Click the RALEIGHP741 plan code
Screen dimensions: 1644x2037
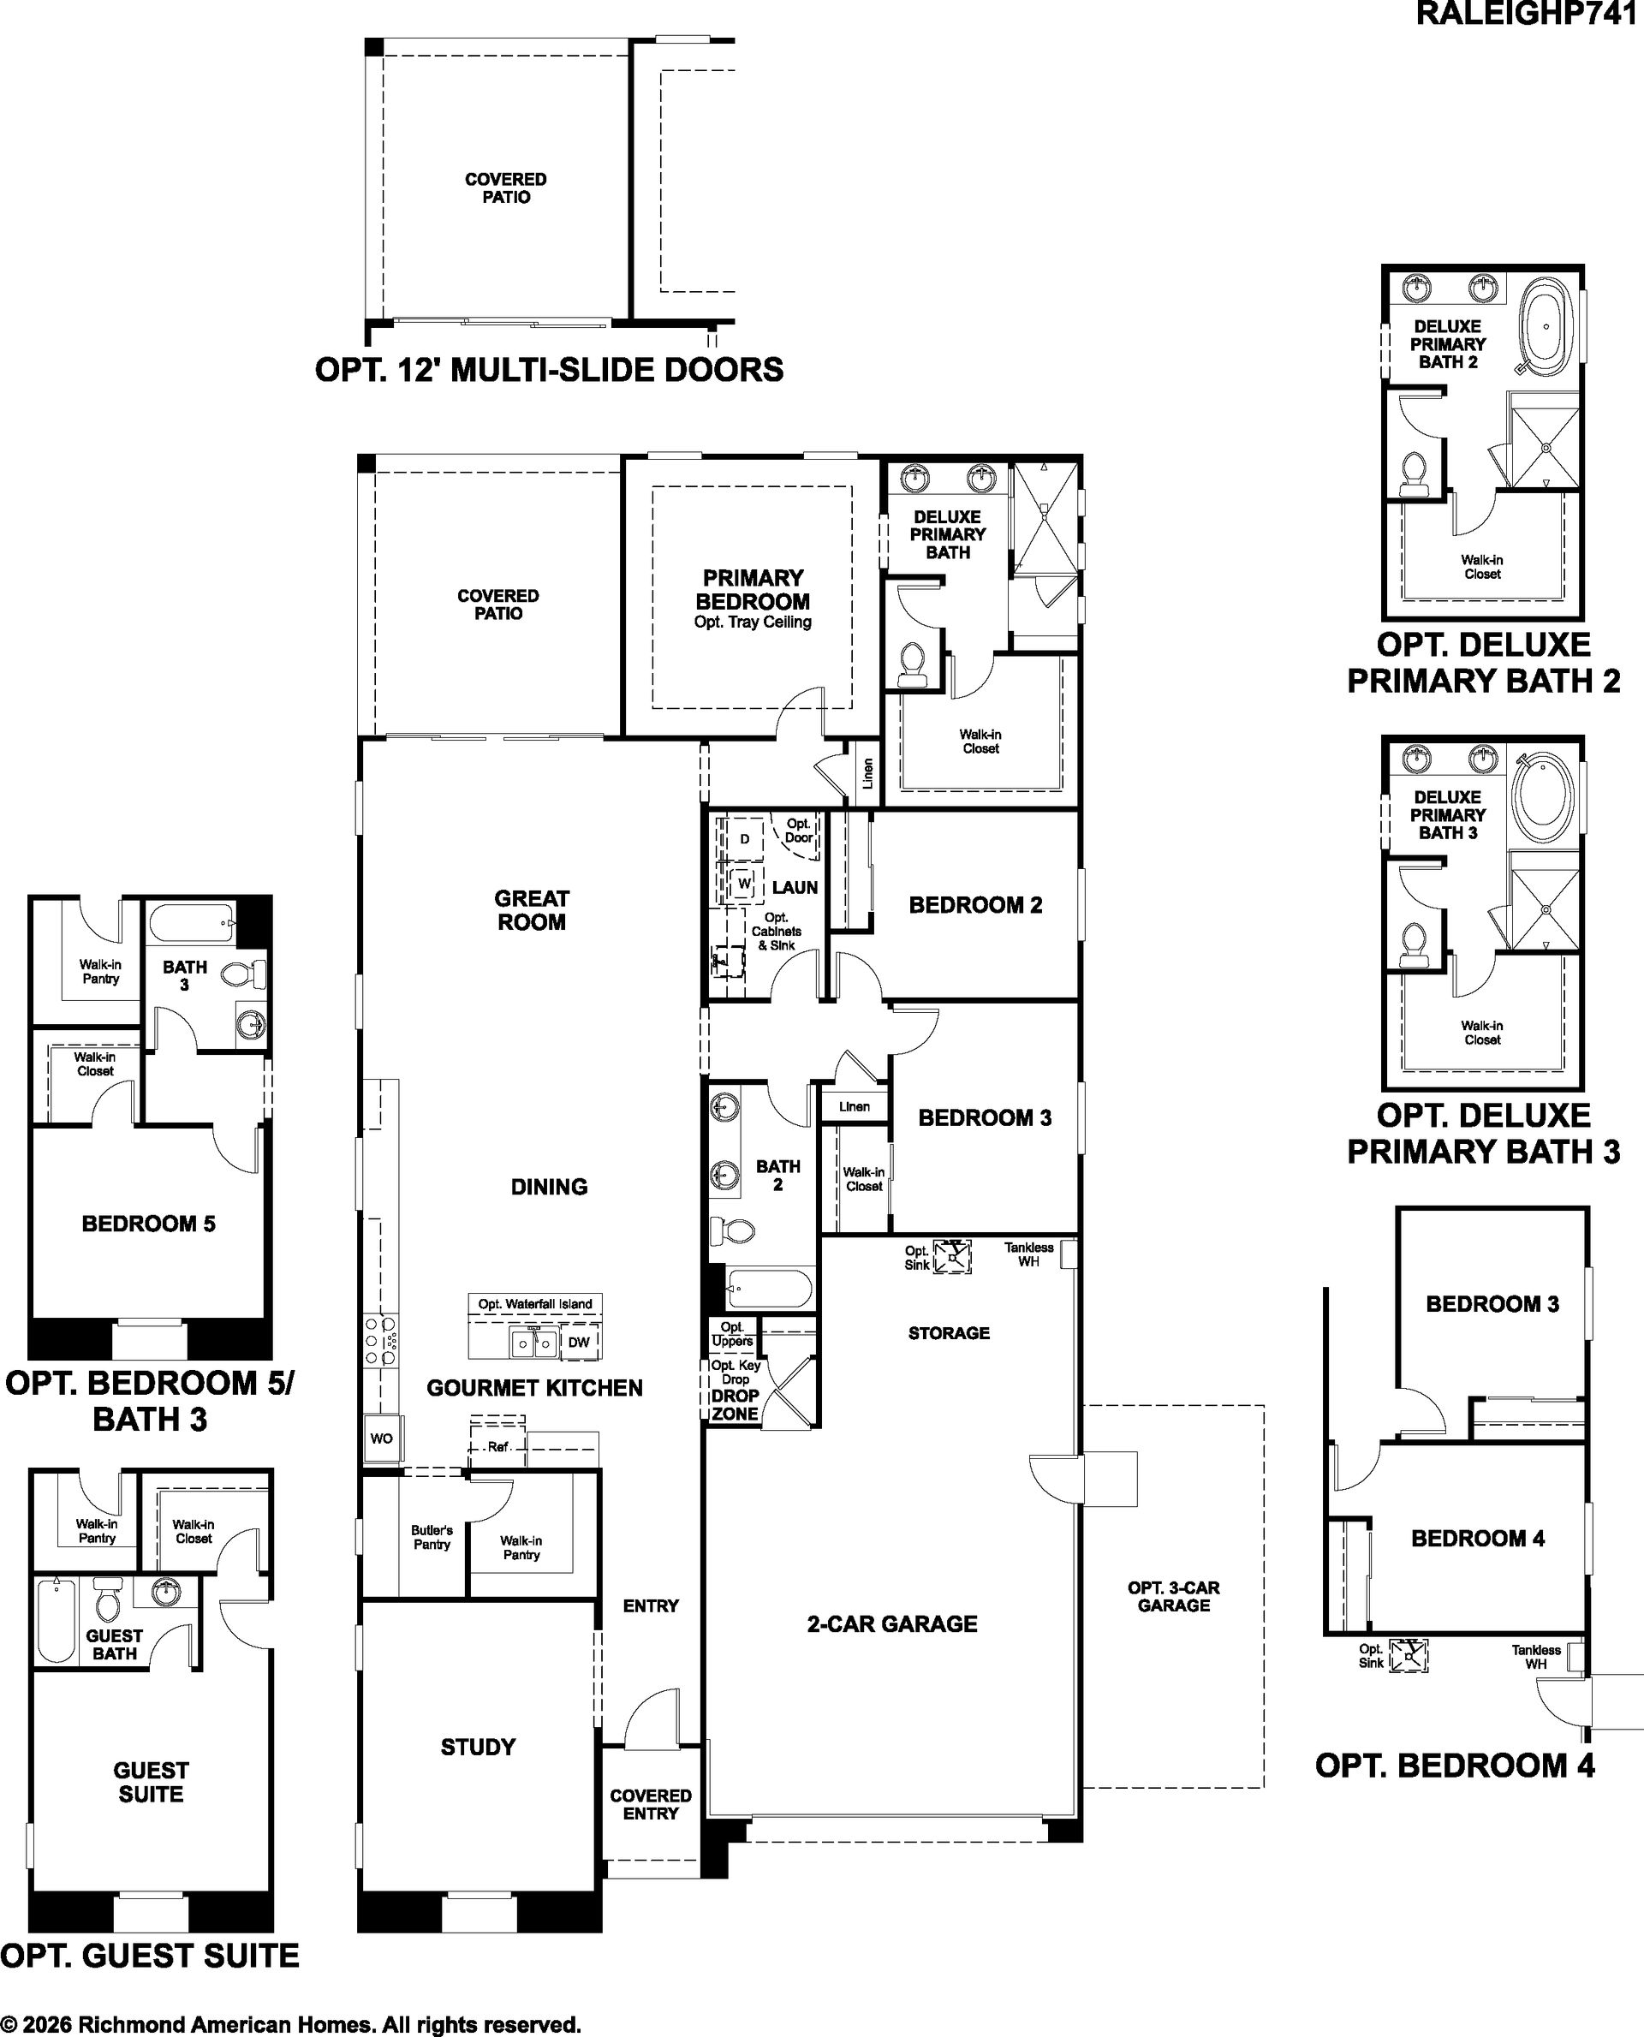pos(1529,15)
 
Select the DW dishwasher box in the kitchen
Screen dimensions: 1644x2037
pos(579,1342)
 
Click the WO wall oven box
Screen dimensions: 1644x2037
pos(382,1438)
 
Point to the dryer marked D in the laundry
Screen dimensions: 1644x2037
pos(744,839)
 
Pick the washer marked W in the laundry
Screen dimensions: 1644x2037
pos(744,884)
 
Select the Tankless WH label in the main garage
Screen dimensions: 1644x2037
pos(1028,1254)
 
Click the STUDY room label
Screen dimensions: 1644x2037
pos(479,1748)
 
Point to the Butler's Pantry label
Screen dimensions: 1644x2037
pos(432,1537)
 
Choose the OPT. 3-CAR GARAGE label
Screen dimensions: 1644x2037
pos(1174,1597)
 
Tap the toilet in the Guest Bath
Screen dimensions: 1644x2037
pos(107,1599)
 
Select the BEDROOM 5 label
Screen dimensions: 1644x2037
pos(149,1224)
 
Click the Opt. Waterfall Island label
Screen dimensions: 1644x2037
pos(535,1304)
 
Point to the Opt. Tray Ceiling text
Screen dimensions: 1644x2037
pos(753,622)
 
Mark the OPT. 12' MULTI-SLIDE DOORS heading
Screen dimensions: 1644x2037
pos(549,369)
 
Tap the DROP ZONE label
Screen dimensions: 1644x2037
pos(735,1404)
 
